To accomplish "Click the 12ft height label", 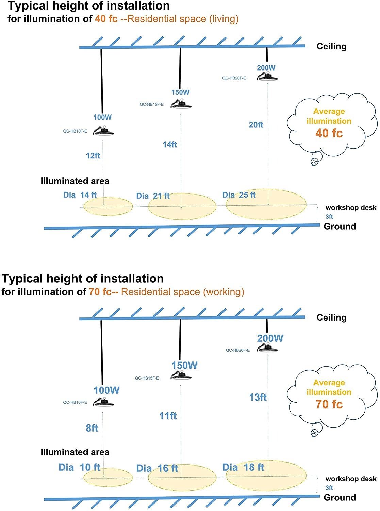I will tap(93, 156).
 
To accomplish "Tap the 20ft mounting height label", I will tap(256, 125).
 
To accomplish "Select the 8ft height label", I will tap(92, 428).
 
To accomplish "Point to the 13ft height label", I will tap(258, 397).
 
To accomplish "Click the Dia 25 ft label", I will tap(239, 195).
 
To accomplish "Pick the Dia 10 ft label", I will tap(79, 467).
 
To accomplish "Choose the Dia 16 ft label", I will tap(157, 468).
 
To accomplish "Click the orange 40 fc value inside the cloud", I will tap(329, 133).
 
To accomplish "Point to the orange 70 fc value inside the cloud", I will tap(329, 404).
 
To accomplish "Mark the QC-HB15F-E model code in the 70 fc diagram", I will tap(147, 378).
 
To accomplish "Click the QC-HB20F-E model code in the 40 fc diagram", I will tap(234, 78).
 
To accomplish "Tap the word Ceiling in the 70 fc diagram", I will tap(331, 318).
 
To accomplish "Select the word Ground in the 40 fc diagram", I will tap(340, 227).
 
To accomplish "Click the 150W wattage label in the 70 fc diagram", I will tap(184, 366).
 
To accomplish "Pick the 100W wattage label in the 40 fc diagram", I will tap(102, 117).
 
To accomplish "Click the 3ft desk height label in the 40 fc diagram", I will tap(329, 217).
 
